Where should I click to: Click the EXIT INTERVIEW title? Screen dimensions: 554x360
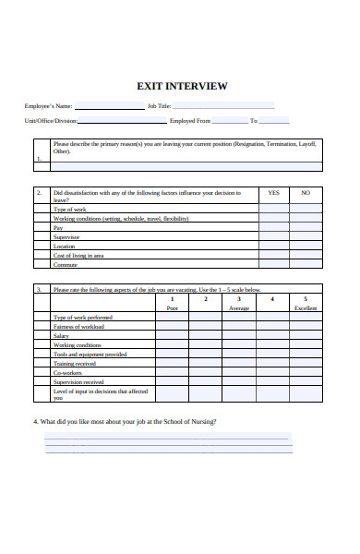pyautogui.click(x=181, y=86)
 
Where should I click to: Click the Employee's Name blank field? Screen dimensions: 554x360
pyautogui.click(x=108, y=106)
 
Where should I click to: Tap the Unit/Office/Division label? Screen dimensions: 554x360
pyautogui.click(x=51, y=121)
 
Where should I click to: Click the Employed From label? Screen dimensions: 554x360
pyautogui.click(x=190, y=121)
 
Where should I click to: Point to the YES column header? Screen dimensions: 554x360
pyautogui.click(x=273, y=193)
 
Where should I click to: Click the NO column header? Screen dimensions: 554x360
pyautogui.click(x=306, y=193)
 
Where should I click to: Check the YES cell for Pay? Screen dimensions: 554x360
pyautogui.click(x=273, y=228)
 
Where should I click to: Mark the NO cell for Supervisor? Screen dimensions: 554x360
pyautogui.click(x=306, y=237)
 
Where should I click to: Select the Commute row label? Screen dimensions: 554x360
pyautogui.click(x=66, y=265)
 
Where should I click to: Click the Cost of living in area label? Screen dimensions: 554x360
pyautogui.click(x=78, y=256)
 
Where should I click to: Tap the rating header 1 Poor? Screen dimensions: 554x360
pyautogui.click(x=172, y=303)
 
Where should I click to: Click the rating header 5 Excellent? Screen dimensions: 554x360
pyautogui.click(x=305, y=303)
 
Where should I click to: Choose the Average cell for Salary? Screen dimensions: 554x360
pyautogui.click(x=238, y=336)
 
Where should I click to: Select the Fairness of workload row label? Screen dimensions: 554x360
pyautogui.click(x=79, y=327)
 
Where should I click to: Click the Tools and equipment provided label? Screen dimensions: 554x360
pyautogui.click(x=90, y=354)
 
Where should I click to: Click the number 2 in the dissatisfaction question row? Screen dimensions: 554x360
pyautogui.click(x=40, y=193)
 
